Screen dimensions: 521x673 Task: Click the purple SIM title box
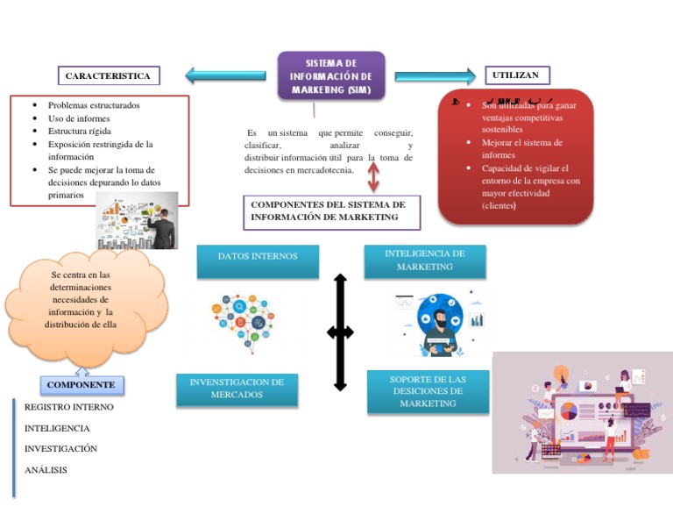[x=331, y=76]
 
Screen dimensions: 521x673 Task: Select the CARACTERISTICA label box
[x=108, y=76]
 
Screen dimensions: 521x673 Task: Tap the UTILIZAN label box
[x=516, y=75]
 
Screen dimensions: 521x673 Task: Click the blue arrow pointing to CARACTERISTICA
[x=225, y=76]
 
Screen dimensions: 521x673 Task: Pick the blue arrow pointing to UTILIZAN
[x=435, y=76]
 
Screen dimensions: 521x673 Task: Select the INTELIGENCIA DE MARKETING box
[x=424, y=260]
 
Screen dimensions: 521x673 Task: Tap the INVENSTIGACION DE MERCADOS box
[x=237, y=389]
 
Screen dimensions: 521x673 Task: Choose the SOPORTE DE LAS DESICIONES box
[x=428, y=391]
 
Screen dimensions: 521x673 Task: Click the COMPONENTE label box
[x=81, y=385]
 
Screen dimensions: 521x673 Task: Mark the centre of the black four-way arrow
[x=340, y=332]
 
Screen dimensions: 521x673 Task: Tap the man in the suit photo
[x=162, y=221]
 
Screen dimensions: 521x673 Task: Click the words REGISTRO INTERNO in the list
[x=68, y=407]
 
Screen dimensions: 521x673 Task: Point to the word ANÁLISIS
[x=46, y=470]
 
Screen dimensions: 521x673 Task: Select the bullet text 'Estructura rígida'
[x=80, y=132]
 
